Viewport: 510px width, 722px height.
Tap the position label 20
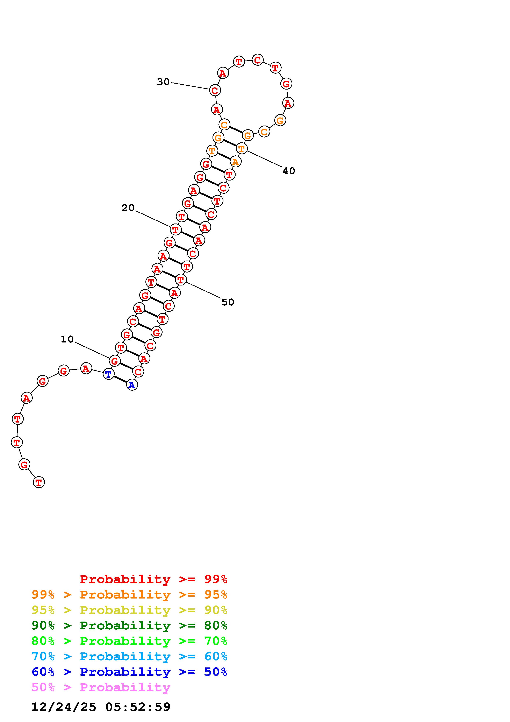click(x=128, y=208)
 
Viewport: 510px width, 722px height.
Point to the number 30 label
click(x=163, y=82)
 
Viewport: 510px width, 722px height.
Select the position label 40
click(x=289, y=171)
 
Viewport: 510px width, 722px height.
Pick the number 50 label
click(x=228, y=302)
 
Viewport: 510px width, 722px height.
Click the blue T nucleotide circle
click(x=108, y=374)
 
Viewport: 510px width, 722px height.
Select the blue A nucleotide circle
click(x=132, y=385)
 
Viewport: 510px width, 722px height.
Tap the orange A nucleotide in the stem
click(x=235, y=162)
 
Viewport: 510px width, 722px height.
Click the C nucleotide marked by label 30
click(x=215, y=90)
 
